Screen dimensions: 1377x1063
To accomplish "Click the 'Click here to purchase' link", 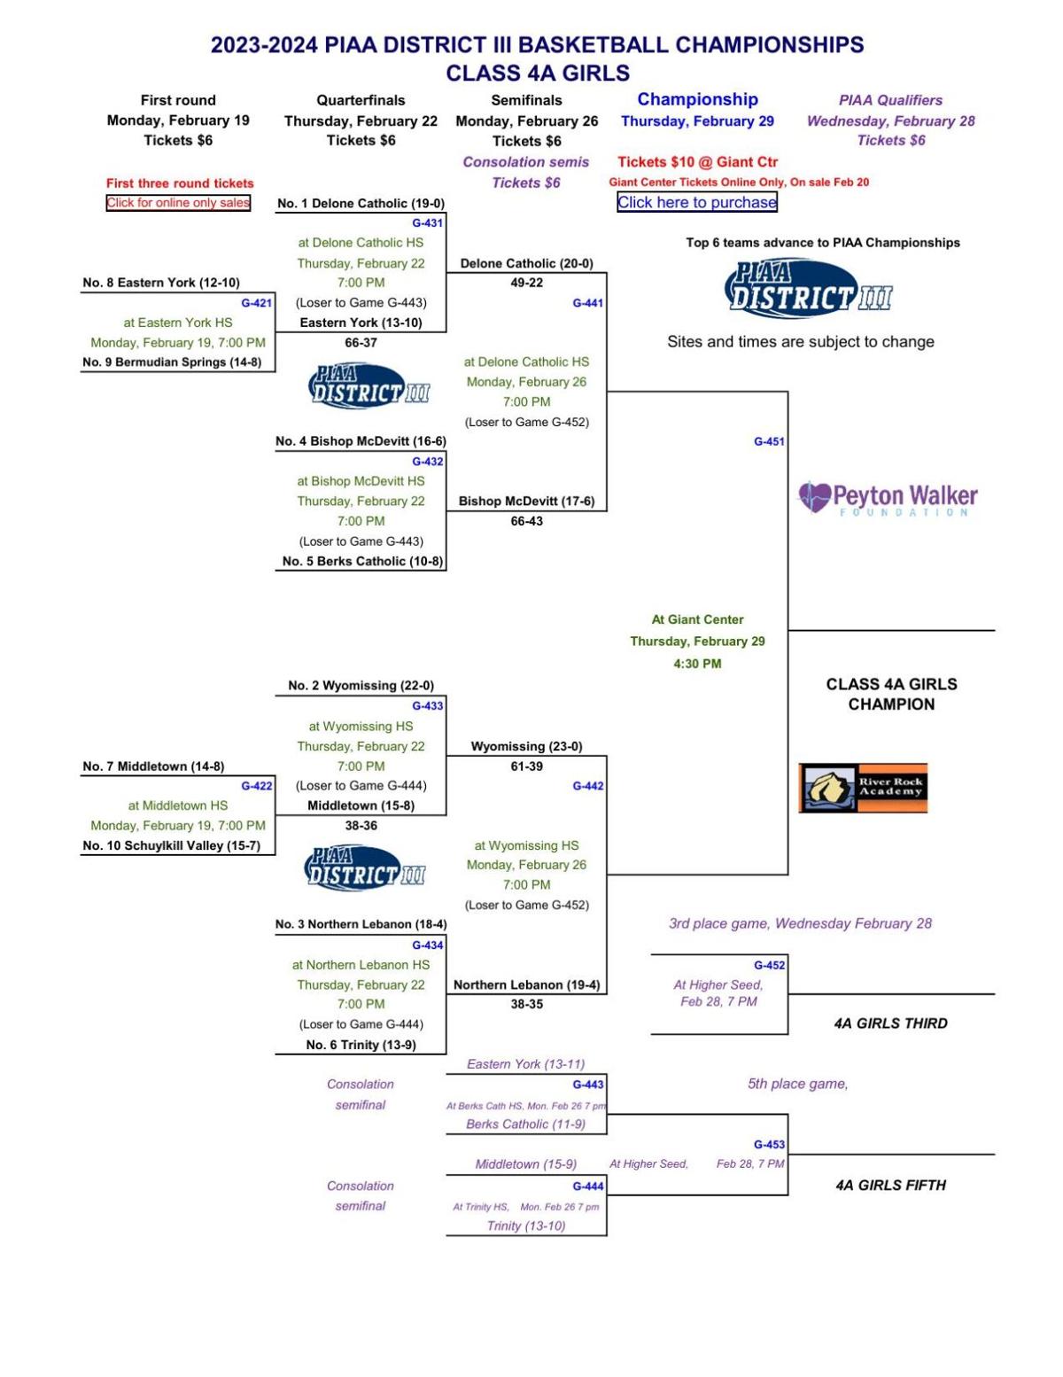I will (x=696, y=202).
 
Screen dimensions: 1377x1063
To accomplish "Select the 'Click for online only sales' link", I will (x=178, y=203).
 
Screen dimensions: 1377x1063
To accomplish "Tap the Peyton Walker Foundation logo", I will (x=888, y=498).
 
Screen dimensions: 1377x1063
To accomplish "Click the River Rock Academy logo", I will (x=863, y=788).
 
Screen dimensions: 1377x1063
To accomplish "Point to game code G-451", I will (x=769, y=441).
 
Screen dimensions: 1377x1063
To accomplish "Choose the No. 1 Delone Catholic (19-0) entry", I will (x=361, y=203).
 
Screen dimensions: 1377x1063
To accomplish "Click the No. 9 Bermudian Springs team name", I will (x=172, y=362).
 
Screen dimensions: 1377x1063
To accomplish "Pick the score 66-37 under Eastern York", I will (x=361, y=342).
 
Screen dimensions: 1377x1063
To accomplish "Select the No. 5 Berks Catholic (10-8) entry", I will (x=362, y=561).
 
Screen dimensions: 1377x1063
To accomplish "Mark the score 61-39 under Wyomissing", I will (x=526, y=766).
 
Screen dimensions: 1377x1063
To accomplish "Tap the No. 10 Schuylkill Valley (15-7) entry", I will (x=172, y=845).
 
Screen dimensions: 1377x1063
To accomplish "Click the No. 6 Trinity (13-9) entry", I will (x=361, y=1045).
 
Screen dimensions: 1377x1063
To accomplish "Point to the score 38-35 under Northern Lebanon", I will (x=526, y=1004).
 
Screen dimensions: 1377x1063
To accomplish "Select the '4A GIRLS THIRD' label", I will (x=890, y=1023).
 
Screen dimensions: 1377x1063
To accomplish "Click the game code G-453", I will (x=769, y=1144).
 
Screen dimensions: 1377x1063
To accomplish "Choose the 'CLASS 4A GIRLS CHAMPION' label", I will (x=891, y=694).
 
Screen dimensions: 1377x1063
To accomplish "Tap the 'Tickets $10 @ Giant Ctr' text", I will (x=697, y=161).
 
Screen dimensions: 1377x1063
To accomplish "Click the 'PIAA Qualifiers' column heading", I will (x=890, y=100).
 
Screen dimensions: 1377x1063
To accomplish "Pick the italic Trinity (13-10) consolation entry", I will (x=526, y=1225).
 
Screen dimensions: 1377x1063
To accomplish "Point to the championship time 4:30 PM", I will (x=697, y=663).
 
